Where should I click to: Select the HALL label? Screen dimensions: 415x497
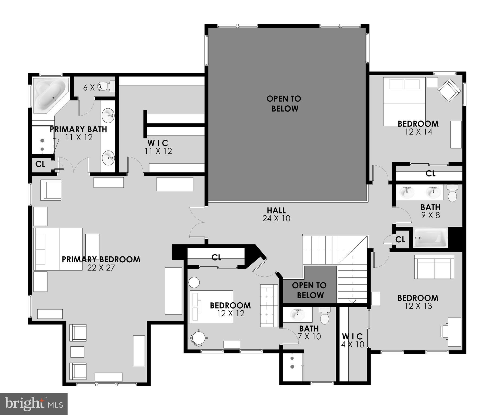coord(276,210)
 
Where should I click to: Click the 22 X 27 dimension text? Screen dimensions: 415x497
coord(101,268)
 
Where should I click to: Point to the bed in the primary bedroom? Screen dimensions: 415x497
coord(58,249)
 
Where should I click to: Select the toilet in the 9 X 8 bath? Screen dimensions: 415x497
coord(452,193)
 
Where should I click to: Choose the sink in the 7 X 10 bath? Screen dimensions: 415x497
coord(297,314)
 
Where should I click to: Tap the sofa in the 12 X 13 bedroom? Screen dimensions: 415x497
coord(434,267)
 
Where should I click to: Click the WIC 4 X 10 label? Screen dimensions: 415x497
coord(352,340)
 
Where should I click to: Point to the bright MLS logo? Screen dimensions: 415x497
coord(34,404)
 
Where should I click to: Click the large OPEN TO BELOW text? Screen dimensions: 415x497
coord(284,103)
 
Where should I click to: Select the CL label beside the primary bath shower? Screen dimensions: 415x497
coord(40,164)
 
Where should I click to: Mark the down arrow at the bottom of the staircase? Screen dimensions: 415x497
coord(353,301)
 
